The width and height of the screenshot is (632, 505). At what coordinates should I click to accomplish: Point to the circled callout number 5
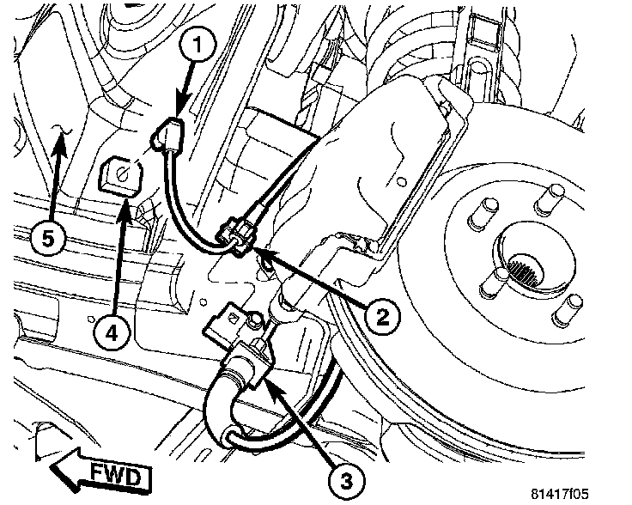(x=48, y=240)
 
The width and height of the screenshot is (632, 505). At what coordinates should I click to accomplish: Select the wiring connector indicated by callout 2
(x=236, y=237)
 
